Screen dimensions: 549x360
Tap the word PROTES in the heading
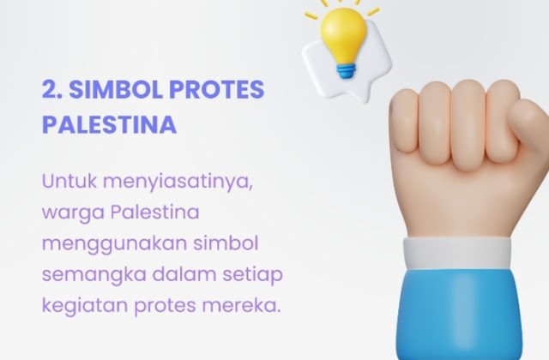click(x=217, y=89)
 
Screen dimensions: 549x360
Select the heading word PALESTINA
click(x=109, y=124)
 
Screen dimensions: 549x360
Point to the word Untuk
click(x=69, y=181)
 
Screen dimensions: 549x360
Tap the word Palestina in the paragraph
click(x=155, y=212)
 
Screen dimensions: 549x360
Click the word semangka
click(x=94, y=274)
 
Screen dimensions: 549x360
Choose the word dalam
click(x=184, y=274)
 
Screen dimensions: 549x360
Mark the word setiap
click(x=253, y=275)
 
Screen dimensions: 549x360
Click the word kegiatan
click(x=84, y=306)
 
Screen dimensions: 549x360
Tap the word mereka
click(x=241, y=305)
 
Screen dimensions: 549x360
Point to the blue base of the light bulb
click(x=347, y=70)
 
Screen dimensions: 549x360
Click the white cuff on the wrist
click(x=457, y=254)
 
